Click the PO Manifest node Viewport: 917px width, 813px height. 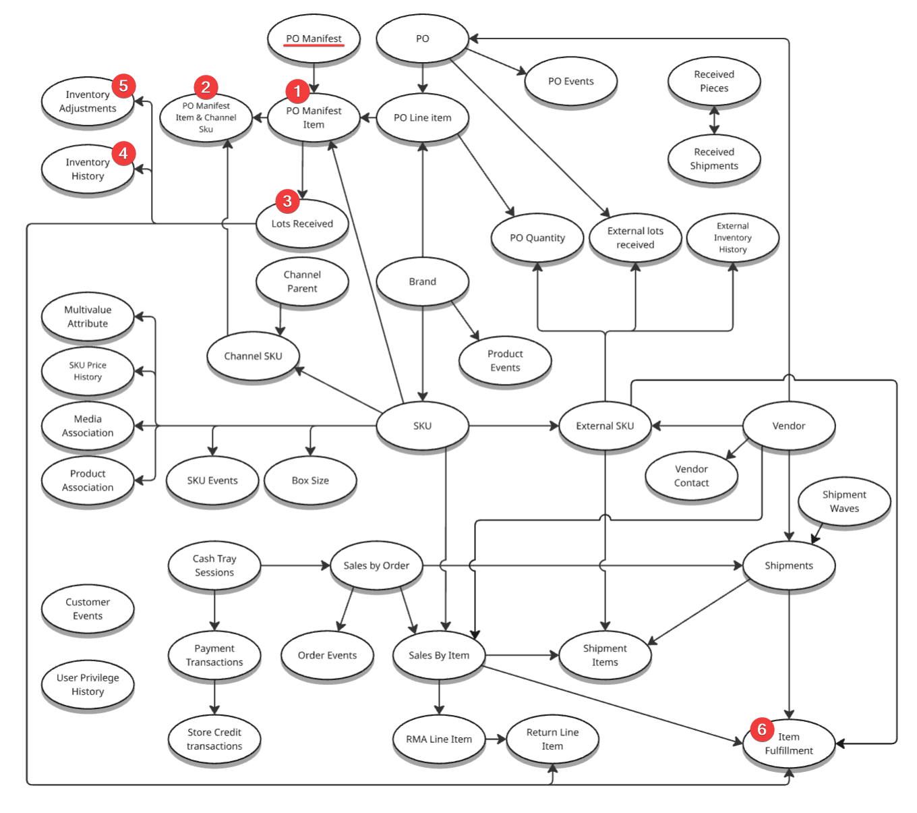coord(314,38)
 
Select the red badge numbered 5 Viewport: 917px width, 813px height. coord(123,86)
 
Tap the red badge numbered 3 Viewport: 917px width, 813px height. coord(287,201)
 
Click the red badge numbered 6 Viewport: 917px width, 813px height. coord(762,729)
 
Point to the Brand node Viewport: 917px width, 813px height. coord(422,281)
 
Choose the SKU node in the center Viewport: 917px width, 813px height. coord(422,426)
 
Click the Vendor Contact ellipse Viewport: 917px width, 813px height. coord(691,476)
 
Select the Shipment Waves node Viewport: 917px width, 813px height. coord(844,501)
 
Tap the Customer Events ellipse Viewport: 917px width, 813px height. coord(88,609)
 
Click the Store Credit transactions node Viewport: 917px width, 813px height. coord(214,739)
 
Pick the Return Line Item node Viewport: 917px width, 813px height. coord(552,739)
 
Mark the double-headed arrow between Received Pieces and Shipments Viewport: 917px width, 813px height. coord(714,120)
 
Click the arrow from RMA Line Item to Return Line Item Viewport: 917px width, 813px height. coord(496,739)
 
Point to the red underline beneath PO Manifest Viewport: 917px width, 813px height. coord(314,46)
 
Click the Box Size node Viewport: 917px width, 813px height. coord(310,480)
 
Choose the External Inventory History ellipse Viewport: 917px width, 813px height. coord(732,237)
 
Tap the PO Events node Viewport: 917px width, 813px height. coord(570,81)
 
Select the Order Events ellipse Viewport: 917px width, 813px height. coord(327,655)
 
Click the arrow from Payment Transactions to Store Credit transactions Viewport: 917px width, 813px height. coord(214,697)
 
